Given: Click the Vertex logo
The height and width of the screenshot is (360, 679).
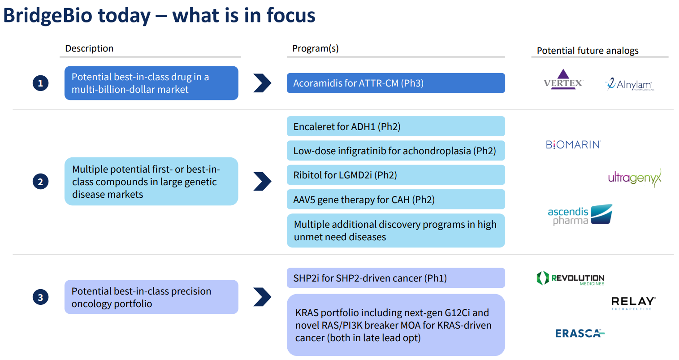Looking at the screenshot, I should click(563, 80).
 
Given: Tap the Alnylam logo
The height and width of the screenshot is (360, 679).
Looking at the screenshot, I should click(629, 84).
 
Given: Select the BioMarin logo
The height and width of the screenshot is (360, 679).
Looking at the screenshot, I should click(573, 144).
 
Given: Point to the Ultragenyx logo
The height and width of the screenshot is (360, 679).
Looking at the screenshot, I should click(634, 178).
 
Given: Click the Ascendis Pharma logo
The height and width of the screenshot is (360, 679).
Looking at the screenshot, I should click(580, 215).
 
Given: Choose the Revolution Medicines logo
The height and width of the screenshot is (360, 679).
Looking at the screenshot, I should click(571, 278).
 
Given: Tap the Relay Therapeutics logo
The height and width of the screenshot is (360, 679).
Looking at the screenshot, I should click(633, 303).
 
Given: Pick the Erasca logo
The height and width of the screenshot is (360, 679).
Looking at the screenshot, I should click(580, 333).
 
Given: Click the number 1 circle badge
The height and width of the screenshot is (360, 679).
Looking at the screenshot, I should click(40, 83).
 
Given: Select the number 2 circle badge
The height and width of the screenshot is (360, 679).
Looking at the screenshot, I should click(40, 182).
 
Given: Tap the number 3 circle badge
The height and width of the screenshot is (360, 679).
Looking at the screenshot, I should click(40, 297).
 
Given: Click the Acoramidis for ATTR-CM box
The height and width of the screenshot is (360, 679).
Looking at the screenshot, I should click(395, 83).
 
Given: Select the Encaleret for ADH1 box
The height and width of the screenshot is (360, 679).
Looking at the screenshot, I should click(395, 126).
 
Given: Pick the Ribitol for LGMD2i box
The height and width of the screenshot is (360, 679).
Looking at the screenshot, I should click(395, 175).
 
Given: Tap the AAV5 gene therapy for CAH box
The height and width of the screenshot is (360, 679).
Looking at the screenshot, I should click(395, 200).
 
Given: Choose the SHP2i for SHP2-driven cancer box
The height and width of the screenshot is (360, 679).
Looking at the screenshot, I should click(395, 278).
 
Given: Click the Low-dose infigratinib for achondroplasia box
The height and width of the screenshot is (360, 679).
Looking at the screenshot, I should click(395, 151).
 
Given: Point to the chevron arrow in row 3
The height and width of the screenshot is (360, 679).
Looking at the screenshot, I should click(262, 297).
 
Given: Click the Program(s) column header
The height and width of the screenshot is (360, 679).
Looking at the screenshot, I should click(315, 48).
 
